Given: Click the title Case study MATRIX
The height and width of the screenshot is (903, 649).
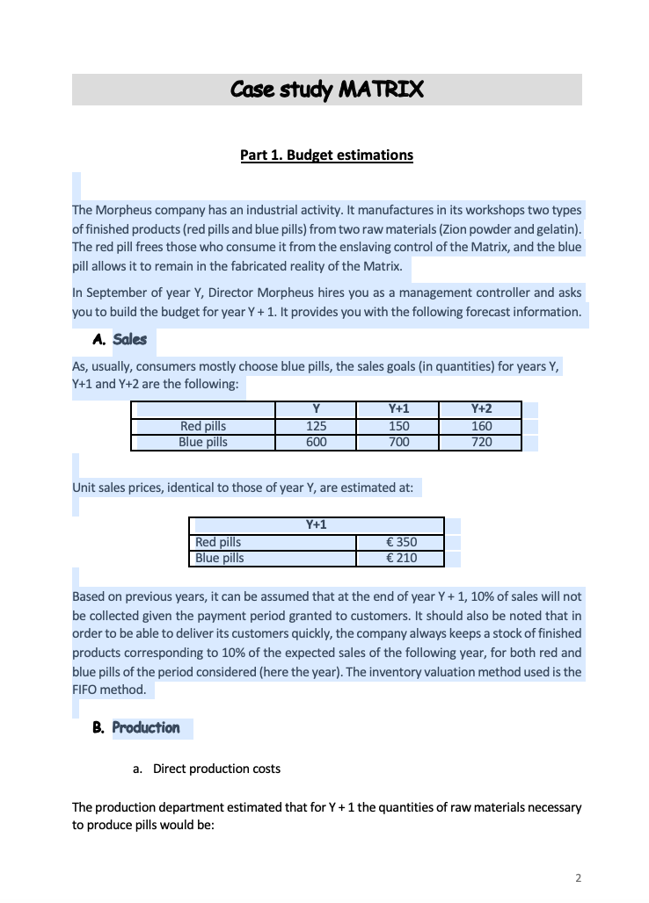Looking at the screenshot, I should [x=326, y=90].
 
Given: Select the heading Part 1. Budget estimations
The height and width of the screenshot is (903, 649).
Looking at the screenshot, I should [x=326, y=155].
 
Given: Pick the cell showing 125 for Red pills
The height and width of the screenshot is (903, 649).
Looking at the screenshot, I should [x=316, y=426].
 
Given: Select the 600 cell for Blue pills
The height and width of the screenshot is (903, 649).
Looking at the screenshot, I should [x=316, y=442].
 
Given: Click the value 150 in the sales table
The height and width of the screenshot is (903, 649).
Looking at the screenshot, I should [x=398, y=426].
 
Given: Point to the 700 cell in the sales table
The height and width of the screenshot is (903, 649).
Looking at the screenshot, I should [x=398, y=442].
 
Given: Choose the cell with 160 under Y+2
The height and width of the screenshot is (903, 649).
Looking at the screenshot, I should [x=481, y=426].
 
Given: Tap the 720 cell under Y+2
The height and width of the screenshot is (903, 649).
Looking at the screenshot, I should [x=481, y=442].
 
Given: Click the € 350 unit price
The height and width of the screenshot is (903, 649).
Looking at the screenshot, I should [x=401, y=542].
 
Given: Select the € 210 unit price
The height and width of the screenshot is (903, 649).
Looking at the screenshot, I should [x=401, y=558].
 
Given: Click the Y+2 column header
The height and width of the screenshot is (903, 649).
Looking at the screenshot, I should [x=481, y=409].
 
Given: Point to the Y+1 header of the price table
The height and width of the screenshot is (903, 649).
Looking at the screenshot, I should [x=316, y=525].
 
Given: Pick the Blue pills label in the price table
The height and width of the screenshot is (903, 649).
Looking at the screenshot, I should [x=219, y=558].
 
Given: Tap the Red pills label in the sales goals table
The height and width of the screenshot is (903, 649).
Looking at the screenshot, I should [x=203, y=426].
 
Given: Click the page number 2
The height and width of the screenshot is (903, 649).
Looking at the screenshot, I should [x=578, y=877].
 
